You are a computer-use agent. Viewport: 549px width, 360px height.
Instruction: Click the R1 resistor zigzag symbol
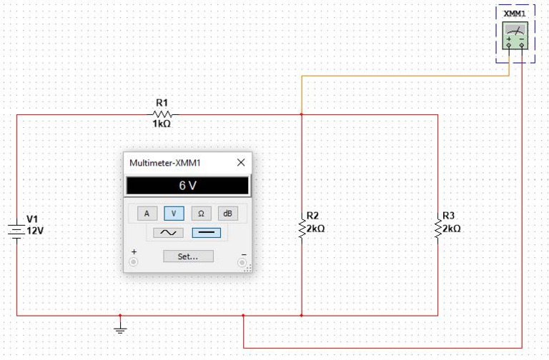tap(163, 114)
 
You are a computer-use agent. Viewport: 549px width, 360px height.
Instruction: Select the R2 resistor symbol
tap(302, 229)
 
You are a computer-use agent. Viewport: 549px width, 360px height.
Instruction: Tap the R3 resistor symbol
tap(437, 229)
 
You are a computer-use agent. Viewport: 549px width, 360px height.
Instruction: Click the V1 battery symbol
tap(17, 231)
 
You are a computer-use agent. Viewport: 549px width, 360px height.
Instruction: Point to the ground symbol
tap(120, 329)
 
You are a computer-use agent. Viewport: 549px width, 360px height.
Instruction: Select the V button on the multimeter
tap(174, 213)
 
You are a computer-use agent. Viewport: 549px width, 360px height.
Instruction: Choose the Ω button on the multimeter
tap(201, 213)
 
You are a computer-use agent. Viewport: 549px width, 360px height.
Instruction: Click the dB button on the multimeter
tap(227, 213)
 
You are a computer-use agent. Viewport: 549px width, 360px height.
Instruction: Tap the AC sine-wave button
tap(166, 233)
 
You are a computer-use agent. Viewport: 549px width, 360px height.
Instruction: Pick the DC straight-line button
tap(206, 233)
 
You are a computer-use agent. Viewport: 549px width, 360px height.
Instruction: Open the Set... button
tap(188, 256)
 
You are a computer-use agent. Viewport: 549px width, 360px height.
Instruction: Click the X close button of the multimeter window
tap(241, 163)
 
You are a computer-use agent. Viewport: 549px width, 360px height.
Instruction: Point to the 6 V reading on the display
tap(187, 186)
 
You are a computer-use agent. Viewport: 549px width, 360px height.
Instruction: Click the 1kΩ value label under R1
tap(162, 124)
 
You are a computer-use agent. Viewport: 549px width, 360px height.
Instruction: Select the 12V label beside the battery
tap(36, 231)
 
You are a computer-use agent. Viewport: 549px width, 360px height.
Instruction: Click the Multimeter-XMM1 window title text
tap(165, 164)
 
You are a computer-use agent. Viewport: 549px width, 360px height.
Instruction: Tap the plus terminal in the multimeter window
tap(134, 262)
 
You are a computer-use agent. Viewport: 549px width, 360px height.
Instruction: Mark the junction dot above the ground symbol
tap(120, 315)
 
